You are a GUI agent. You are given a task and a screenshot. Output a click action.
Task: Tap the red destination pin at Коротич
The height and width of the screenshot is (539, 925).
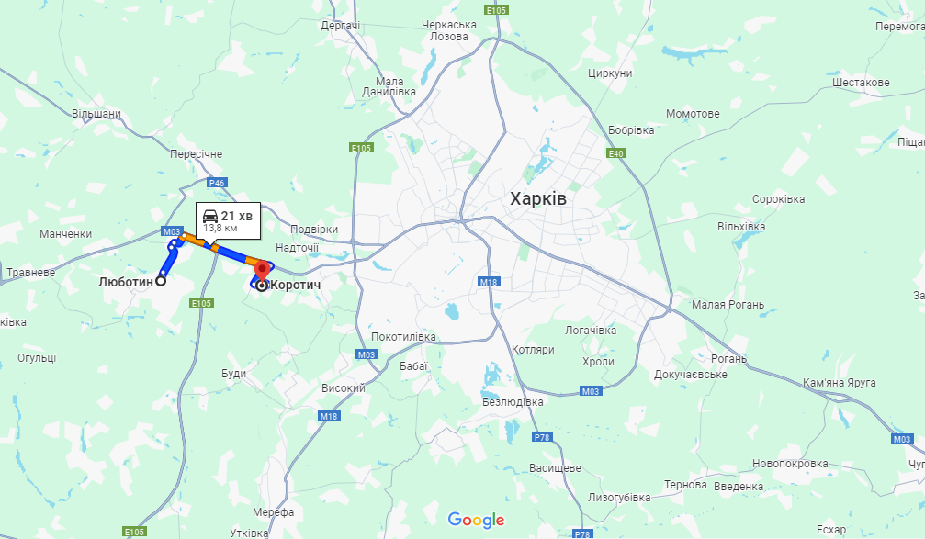[261, 271]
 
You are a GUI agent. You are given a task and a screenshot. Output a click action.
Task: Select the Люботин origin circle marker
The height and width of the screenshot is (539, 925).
[161, 282]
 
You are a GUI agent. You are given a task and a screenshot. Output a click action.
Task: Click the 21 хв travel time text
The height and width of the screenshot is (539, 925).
[237, 215]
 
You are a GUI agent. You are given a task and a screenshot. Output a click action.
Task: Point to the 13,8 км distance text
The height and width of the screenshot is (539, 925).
[220, 228]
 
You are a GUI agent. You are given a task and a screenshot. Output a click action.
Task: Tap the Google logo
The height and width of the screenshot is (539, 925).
[477, 520]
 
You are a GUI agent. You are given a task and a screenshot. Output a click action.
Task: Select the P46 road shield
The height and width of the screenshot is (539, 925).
[216, 183]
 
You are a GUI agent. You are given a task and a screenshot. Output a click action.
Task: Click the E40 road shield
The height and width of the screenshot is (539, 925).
[616, 152]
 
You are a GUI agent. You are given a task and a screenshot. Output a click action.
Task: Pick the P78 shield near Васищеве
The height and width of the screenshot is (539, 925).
[542, 437]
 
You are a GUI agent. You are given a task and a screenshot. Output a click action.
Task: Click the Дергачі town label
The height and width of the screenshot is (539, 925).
[340, 26]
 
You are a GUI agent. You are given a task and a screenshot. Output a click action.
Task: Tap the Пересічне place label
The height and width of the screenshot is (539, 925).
[197, 153]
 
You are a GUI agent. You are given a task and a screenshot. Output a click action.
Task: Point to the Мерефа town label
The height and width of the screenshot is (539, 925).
[273, 511]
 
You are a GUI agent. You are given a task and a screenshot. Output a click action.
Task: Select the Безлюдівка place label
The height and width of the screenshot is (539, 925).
[513, 401]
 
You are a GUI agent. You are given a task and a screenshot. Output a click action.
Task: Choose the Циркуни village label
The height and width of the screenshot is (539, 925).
[610, 73]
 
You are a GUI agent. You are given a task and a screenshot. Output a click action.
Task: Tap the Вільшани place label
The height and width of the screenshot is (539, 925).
[96, 114]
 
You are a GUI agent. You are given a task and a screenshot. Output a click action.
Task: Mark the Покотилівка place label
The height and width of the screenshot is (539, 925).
[403, 336]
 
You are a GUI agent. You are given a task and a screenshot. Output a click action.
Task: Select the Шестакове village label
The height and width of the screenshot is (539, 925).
[860, 83]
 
